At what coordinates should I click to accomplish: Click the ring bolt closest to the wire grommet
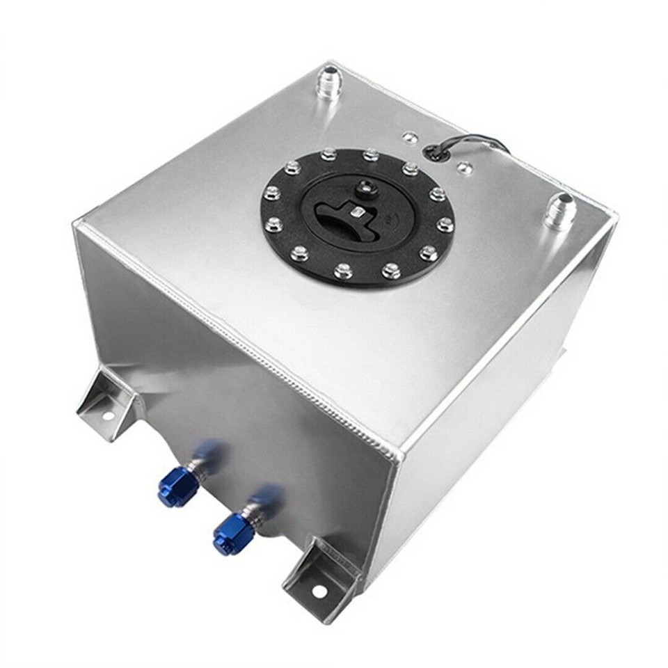410,168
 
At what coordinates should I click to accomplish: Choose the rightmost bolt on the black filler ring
445,224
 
